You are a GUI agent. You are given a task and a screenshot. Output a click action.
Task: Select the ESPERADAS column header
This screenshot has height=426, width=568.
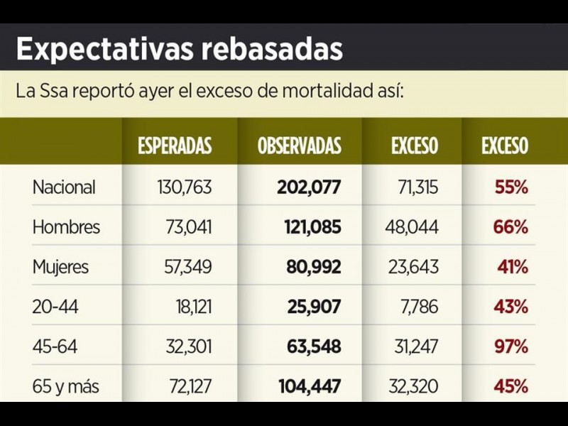[175, 146]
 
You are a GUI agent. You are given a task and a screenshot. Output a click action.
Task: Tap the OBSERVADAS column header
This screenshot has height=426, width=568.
[299, 146]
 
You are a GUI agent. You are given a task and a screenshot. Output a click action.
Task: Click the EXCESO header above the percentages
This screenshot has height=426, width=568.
[505, 146]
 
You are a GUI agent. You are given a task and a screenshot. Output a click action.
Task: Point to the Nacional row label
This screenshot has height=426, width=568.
[64, 187]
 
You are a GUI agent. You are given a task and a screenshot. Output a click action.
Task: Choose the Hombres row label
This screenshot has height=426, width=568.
[66, 227]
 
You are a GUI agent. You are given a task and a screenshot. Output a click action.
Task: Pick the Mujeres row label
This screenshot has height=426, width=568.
[60, 267]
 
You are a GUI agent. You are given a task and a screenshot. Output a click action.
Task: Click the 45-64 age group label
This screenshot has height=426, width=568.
[54, 347]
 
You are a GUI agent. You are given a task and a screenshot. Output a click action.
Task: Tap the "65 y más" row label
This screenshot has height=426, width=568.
[66, 387]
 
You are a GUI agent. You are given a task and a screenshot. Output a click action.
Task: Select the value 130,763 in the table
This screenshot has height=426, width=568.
[184, 187]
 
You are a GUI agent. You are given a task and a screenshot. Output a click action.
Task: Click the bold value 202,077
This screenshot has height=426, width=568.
[308, 187]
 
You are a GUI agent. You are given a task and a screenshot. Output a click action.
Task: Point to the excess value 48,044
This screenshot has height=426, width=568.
[412, 227]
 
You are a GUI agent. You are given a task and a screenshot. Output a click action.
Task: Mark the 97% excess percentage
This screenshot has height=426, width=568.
[511, 347]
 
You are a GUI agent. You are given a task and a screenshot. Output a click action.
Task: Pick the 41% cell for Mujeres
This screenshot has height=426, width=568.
[513, 267]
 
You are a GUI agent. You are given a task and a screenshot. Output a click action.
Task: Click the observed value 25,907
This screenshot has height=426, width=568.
[315, 307]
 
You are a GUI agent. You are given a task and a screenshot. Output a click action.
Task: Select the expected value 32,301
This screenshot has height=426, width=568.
[188, 347]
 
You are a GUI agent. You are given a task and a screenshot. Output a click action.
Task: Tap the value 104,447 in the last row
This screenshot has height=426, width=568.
[308, 387]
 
